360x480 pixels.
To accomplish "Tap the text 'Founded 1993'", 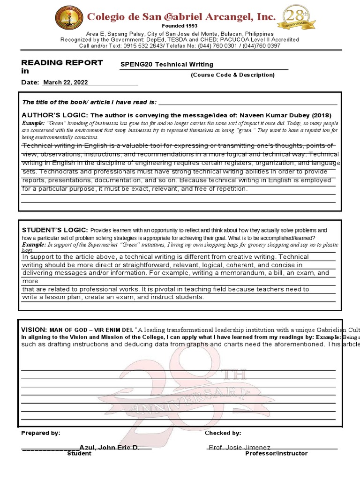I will click(x=180, y=26).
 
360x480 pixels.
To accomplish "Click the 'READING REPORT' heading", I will click(x=62, y=63).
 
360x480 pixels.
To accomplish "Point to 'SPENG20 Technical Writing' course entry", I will click(x=167, y=65).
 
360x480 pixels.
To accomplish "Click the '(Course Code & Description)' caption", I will click(x=232, y=75).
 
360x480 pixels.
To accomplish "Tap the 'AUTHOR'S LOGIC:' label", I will click(x=55, y=115).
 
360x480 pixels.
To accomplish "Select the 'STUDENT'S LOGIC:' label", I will click(x=55, y=230).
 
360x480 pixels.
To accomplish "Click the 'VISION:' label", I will click(x=34, y=330).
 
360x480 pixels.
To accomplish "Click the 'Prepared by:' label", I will click(x=41, y=433).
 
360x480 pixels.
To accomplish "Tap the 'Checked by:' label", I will click(x=223, y=433).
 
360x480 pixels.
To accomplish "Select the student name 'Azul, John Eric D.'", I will click(x=109, y=448).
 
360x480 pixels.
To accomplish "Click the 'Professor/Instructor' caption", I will click(x=277, y=454).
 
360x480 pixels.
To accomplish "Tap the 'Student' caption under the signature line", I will click(x=79, y=454).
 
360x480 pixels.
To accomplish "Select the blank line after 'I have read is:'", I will click(x=248, y=102).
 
